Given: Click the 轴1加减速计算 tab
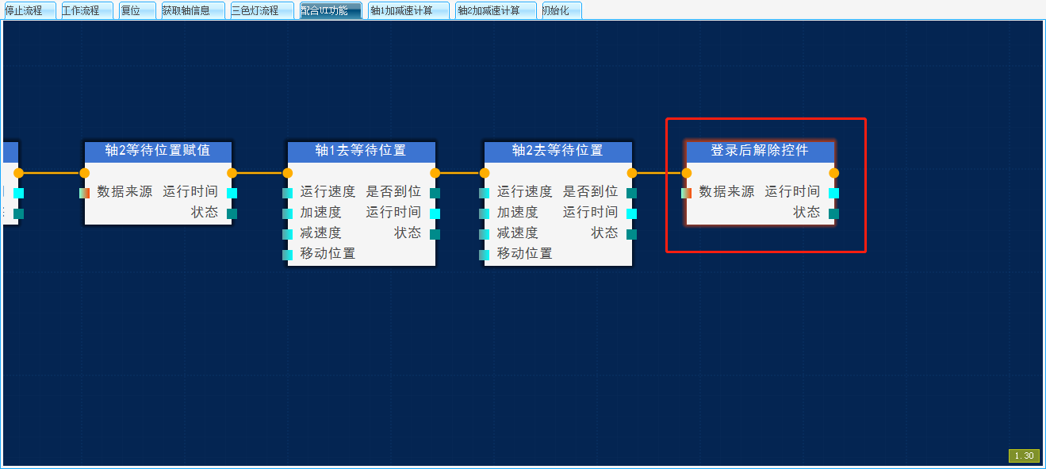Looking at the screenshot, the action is [x=408, y=10].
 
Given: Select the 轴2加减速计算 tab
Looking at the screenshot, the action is [x=495, y=10].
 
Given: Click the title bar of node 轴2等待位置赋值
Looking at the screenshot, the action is [x=158, y=151].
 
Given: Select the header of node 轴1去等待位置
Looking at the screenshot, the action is [x=361, y=151].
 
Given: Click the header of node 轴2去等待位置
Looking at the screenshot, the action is [x=557, y=151].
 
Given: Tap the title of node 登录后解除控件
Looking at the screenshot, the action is [x=760, y=151].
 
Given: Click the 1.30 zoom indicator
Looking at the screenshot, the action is [x=1024, y=456].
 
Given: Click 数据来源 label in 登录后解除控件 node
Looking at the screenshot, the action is [x=726, y=192].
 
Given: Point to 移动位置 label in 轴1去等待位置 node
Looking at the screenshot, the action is [x=328, y=254].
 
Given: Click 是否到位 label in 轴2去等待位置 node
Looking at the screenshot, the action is [x=590, y=192].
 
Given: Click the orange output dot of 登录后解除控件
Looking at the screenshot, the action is [x=833, y=173].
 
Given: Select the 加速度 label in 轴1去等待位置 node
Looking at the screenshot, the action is [x=320, y=213].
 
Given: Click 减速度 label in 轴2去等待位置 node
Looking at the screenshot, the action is [x=517, y=233].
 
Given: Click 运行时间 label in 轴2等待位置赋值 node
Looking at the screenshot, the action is [x=190, y=192].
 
